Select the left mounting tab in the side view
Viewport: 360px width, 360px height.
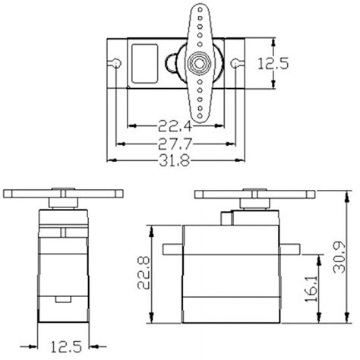(171, 248)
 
